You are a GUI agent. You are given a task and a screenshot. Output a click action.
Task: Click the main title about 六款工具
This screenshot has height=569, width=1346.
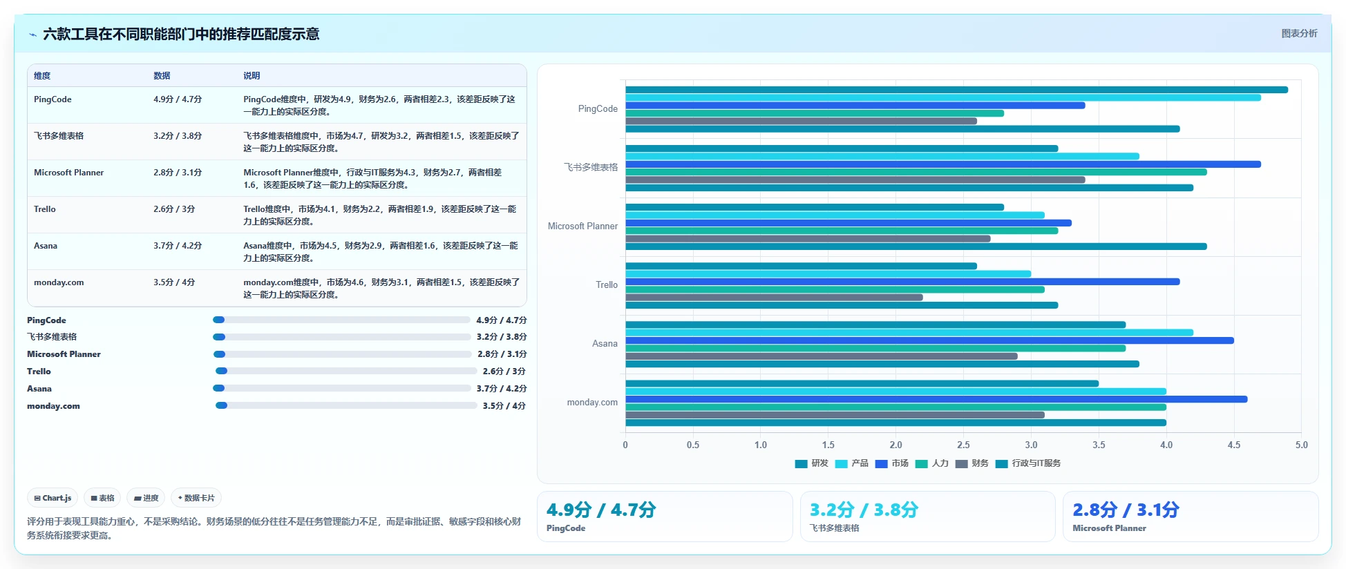tap(181, 34)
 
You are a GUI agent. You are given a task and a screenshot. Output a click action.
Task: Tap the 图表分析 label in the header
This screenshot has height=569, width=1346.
tap(1299, 33)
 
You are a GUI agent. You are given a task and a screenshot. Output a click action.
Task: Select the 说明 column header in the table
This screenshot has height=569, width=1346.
tap(252, 76)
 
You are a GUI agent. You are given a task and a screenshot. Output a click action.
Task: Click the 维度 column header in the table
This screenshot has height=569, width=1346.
tap(42, 76)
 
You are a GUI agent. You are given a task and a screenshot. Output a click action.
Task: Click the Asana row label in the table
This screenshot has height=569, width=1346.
tap(46, 246)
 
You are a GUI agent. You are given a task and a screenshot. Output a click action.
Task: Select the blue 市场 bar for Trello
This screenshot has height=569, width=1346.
tap(902, 282)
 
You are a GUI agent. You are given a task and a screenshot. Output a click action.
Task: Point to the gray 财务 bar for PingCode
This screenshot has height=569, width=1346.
tap(801, 122)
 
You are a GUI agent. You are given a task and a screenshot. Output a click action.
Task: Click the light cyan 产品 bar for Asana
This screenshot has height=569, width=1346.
tap(909, 333)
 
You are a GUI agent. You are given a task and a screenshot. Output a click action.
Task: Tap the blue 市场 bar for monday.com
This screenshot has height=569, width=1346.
tap(936, 399)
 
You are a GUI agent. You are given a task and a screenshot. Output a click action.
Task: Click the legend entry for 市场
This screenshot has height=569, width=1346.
tap(891, 463)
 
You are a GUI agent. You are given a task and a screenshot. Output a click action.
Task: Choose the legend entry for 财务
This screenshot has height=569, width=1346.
tap(971, 463)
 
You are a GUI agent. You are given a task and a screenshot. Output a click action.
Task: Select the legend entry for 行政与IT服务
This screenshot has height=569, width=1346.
tap(1028, 463)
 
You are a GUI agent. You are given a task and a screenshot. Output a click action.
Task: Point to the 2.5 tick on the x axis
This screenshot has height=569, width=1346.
tap(963, 445)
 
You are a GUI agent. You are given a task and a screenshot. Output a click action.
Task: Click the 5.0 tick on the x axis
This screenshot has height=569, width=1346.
tap(1301, 445)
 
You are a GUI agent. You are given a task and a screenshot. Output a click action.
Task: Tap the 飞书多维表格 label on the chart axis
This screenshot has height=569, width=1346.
tap(591, 167)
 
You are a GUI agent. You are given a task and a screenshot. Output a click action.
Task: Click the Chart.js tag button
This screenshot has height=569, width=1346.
tap(53, 498)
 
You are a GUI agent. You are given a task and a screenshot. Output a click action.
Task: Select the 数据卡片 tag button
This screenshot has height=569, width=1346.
tap(196, 498)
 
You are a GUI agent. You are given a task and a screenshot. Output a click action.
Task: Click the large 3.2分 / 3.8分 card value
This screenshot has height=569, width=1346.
tap(864, 510)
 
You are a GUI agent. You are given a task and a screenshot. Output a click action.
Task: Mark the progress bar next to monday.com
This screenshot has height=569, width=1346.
tap(346, 405)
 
